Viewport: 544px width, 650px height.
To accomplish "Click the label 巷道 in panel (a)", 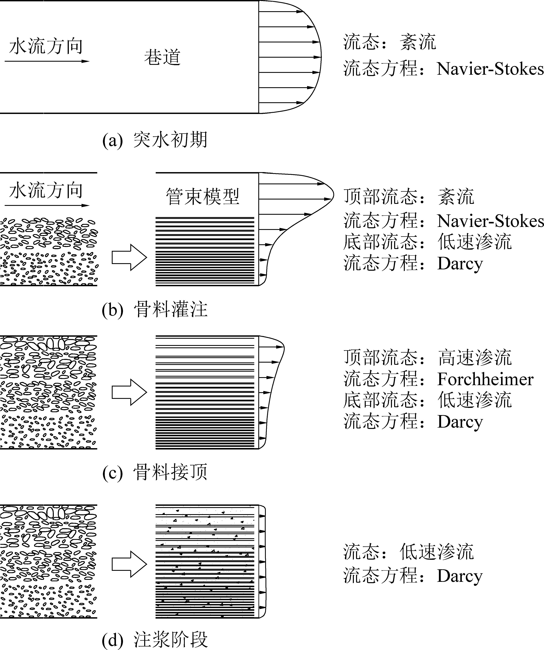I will click(162, 58).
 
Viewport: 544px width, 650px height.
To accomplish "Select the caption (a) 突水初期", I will click(155, 140).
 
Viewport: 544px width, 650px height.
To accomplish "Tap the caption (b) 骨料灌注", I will click(155, 309).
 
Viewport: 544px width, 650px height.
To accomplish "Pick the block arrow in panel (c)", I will click(129, 392).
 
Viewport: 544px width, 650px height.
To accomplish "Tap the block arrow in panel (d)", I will click(129, 564).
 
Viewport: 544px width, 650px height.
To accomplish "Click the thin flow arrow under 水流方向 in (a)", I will click(46, 61).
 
